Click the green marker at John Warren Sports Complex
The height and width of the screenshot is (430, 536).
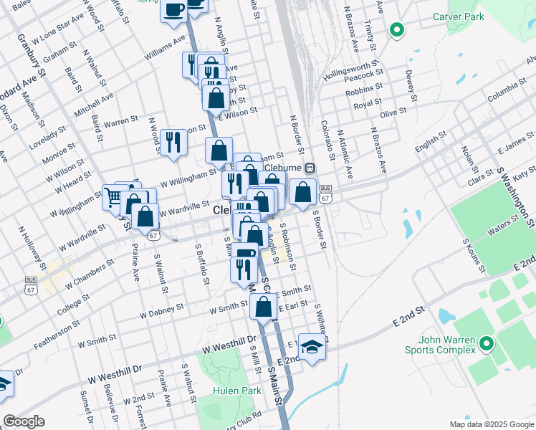[487, 345]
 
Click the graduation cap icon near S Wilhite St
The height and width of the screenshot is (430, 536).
[312, 347]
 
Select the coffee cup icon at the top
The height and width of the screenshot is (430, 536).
[174, 10]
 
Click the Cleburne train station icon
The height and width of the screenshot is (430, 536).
[310, 168]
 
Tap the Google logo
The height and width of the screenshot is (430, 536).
[24, 421]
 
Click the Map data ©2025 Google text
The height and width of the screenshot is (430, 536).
[491, 424]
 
